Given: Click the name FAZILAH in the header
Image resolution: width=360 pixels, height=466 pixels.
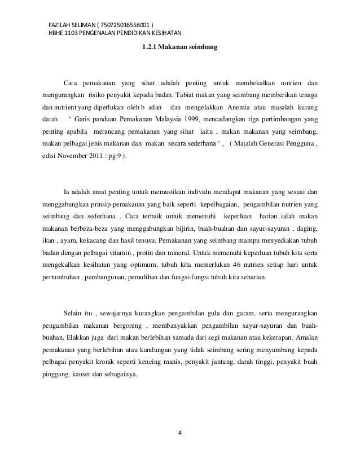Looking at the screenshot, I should tap(61, 26).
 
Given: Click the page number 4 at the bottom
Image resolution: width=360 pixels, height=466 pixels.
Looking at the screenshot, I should tap(180, 433).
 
